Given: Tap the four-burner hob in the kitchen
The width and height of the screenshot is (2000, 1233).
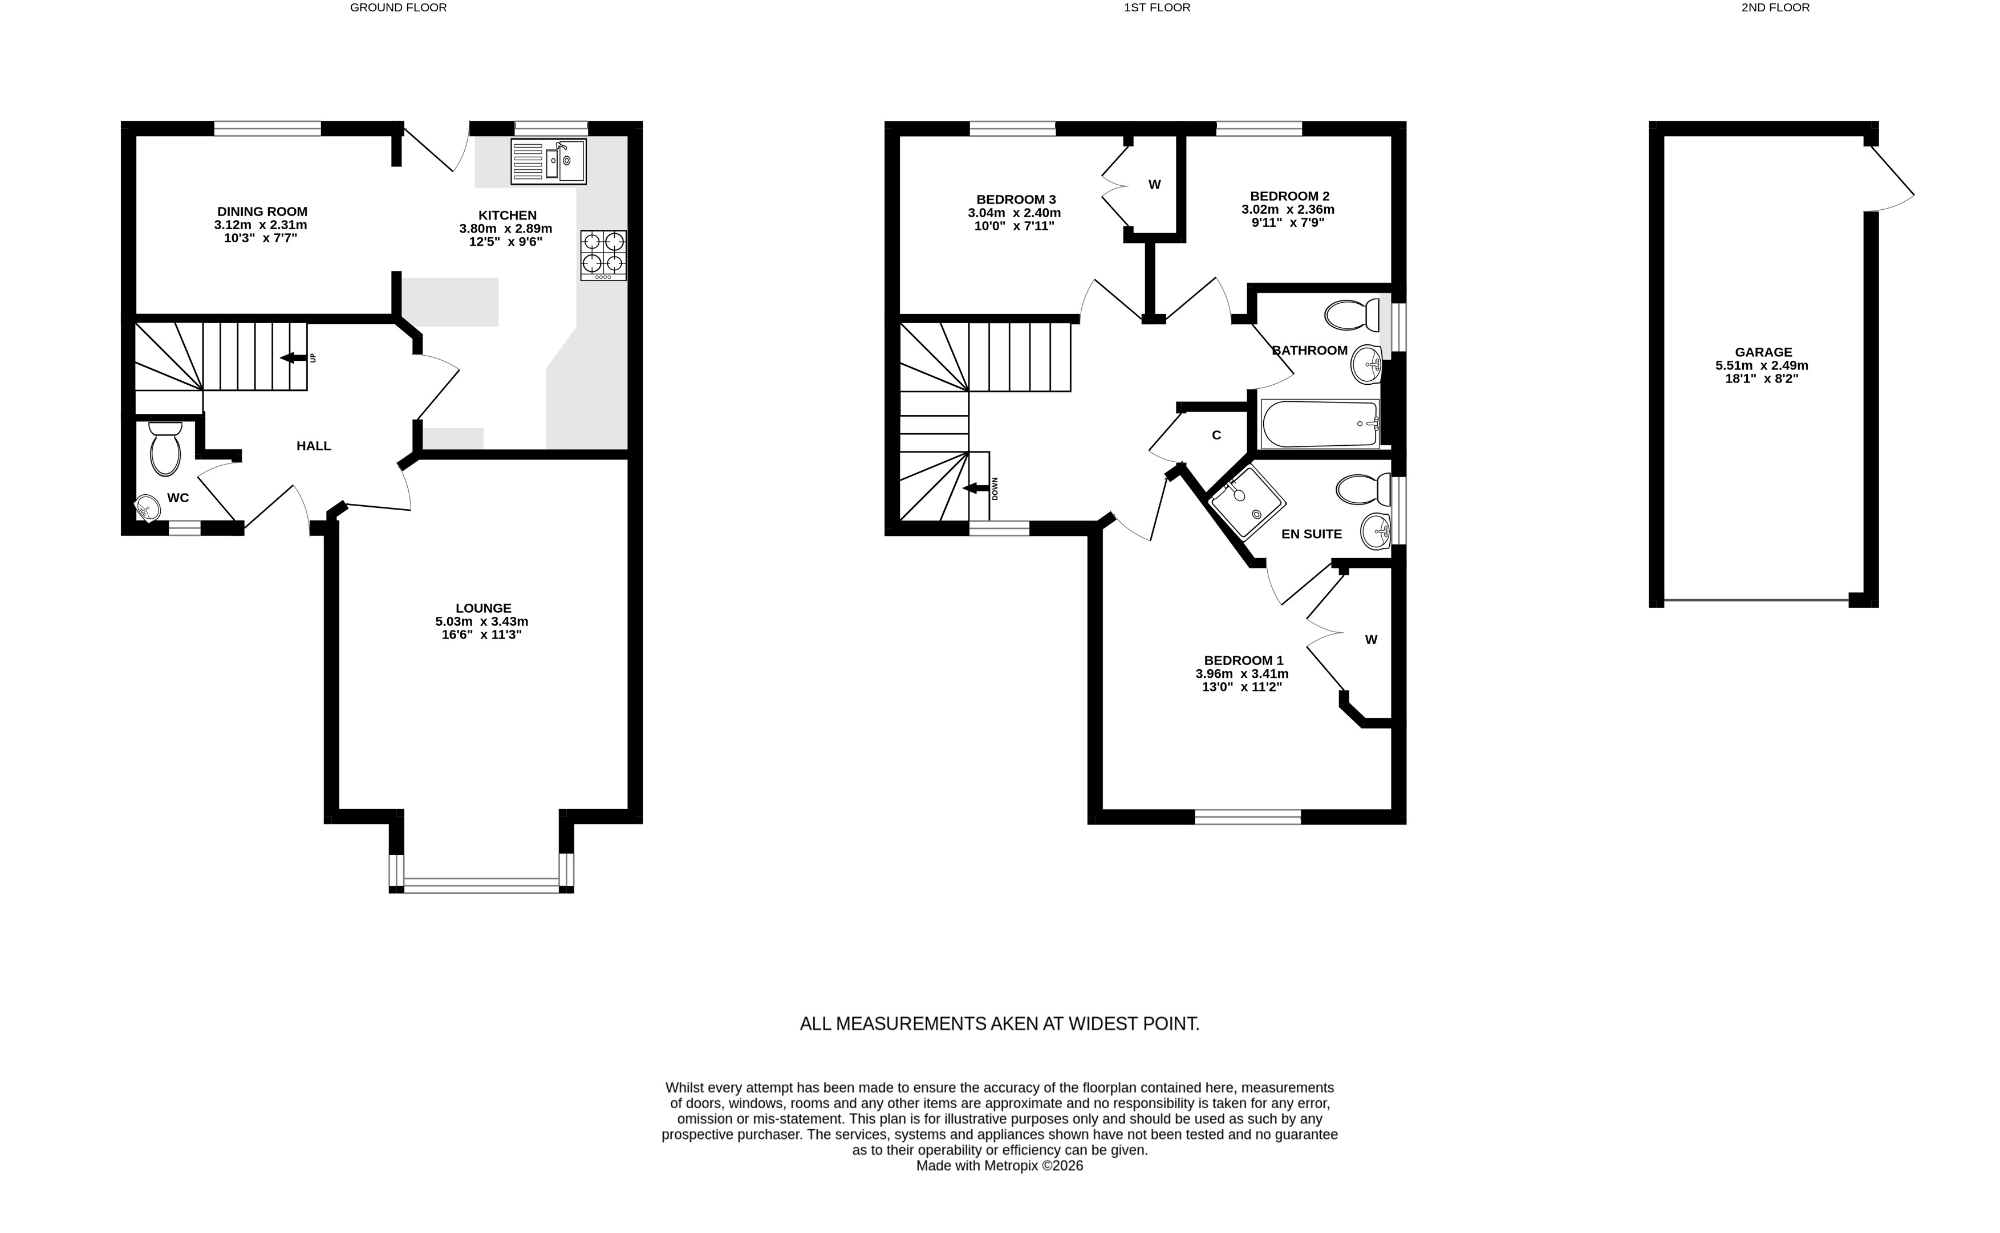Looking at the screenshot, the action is (603, 255).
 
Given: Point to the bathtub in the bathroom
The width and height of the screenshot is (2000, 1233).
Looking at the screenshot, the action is (1320, 423).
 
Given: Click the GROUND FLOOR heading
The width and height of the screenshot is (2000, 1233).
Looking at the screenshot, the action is (398, 7).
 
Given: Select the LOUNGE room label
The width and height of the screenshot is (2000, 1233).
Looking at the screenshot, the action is (484, 608).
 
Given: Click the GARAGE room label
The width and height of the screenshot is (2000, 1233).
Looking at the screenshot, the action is (1763, 352).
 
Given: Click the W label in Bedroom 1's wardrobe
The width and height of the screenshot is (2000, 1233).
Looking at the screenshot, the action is (1371, 640).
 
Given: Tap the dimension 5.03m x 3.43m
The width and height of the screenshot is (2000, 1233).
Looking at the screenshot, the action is (482, 621).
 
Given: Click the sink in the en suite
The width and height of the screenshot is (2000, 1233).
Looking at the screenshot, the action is (1376, 532).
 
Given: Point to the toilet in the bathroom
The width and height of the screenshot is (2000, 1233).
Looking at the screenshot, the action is (1352, 315).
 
